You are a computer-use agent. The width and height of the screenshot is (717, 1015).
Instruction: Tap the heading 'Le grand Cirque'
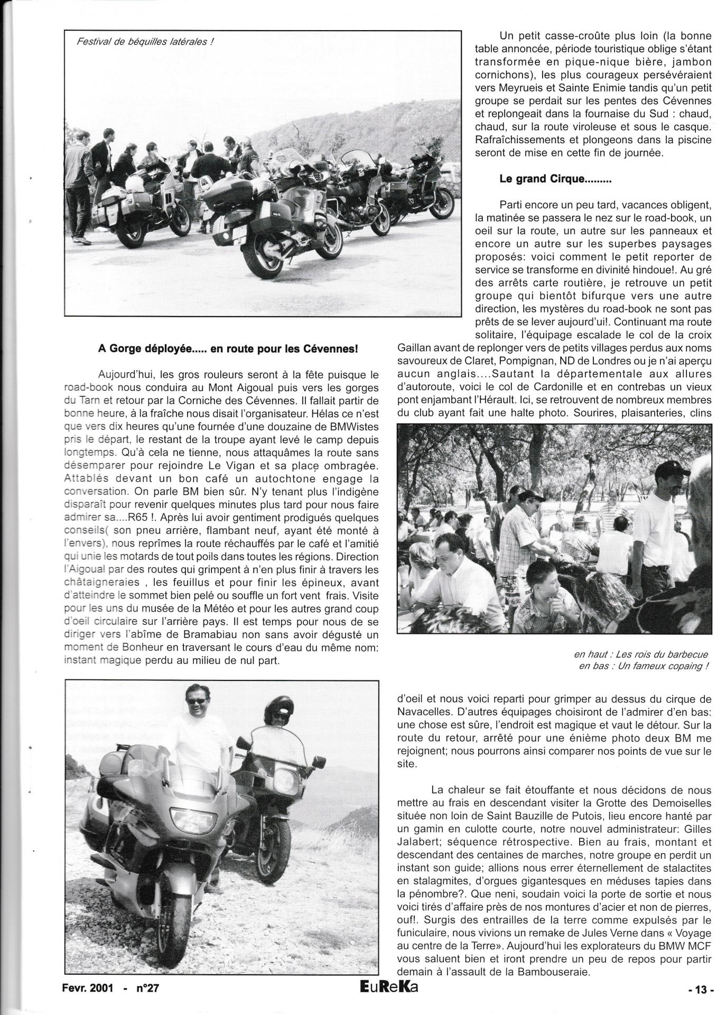coord(555,179)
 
